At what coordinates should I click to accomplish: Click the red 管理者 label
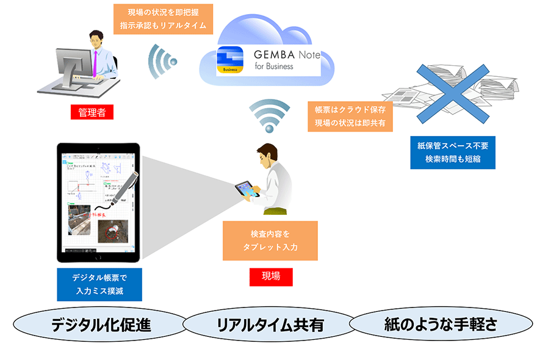[x=92, y=112]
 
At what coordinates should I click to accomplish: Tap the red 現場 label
[x=271, y=276]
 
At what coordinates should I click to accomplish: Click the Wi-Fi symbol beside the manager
[x=162, y=61]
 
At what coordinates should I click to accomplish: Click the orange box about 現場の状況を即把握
[x=164, y=19]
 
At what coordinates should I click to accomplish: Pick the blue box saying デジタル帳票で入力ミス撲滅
[x=99, y=284]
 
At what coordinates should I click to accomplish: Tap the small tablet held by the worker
[x=247, y=190]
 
